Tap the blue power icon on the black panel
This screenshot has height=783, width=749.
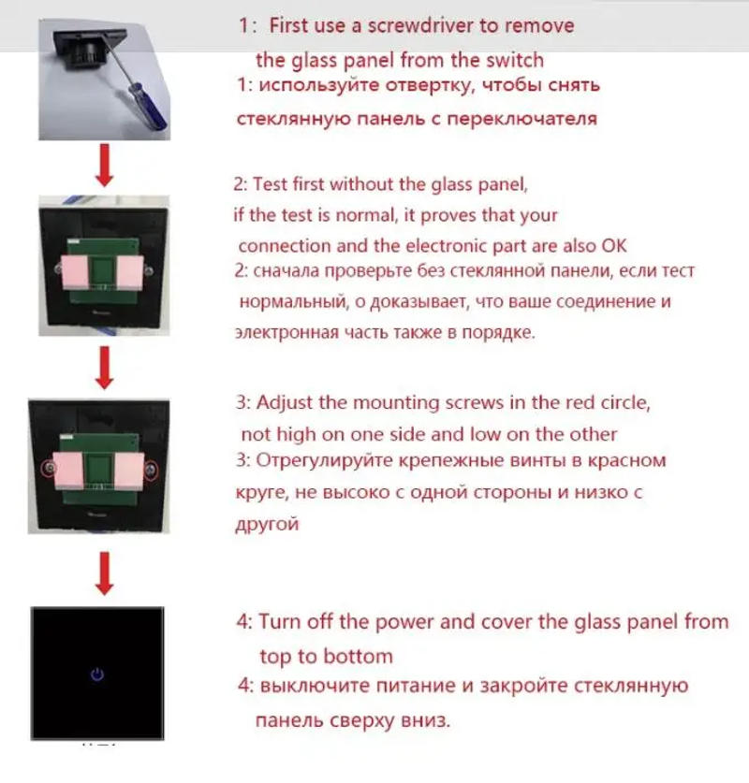click(x=97, y=674)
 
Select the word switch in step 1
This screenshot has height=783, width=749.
click(x=513, y=60)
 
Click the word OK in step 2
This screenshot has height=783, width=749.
click(x=613, y=246)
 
